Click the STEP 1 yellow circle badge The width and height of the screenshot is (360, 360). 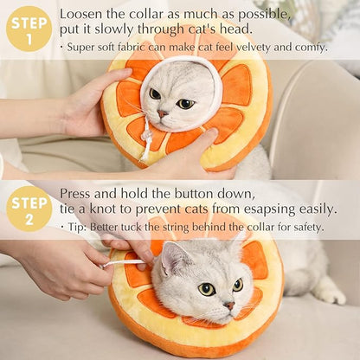pos(29,29)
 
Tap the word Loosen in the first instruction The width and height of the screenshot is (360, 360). pos(81,14)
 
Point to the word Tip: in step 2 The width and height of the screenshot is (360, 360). pos(81,228)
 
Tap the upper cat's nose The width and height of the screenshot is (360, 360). pos(164,113)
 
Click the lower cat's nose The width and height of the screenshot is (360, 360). pos(229,305)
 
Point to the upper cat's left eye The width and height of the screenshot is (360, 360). pos(155,93)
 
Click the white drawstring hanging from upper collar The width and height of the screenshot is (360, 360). pos(147,138)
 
